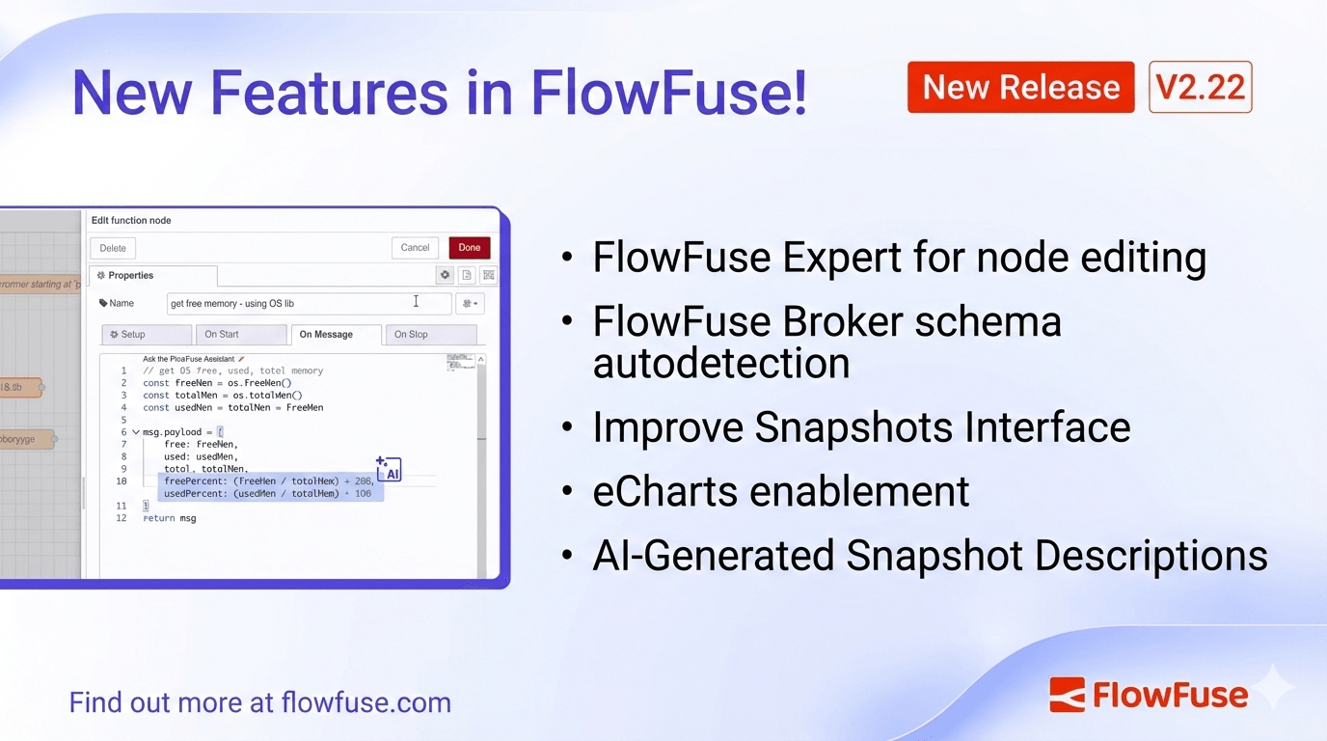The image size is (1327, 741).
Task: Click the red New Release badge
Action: pyautogui.click(x=1020, y=88)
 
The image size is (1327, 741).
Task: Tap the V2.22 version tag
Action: pyautogui.click(x=1200, y=88)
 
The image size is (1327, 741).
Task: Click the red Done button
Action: pyautogui.click(x=470, y=248)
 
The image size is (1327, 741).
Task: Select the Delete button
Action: pyautogui.click(x=113, y=248)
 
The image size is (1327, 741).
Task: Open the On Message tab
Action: pyautogui.click(x=326, y=335)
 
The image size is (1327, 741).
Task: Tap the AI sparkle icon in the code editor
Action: pyautogui.click(x=389, y=470)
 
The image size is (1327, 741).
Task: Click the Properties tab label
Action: pyautogui.click(x=130, y=276)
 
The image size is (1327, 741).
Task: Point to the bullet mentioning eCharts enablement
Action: pyautogui.click(x=780, y=491)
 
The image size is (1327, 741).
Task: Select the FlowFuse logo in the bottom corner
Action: pyautogui.click(x=1149, y=695)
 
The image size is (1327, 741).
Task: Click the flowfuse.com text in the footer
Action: pyautogui.click(x=366, y=701)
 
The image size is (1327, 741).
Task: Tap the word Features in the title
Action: pyautogui.click(x=329, y=93)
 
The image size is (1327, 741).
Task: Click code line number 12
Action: pyautogui.click(x=122, y=518)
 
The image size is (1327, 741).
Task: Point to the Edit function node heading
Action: pyautogui.click(x=131, y=221)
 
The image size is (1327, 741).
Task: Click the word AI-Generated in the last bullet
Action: pyautogui.click(x=713, y=556)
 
